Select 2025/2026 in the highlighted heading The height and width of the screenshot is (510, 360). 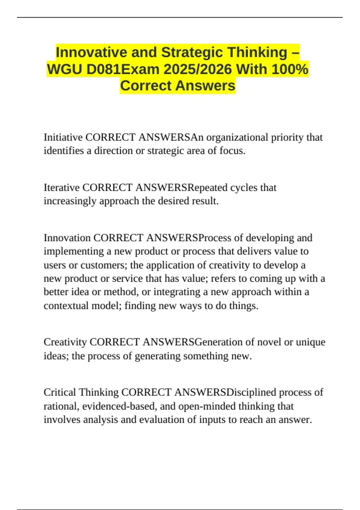click(x=198, y=69)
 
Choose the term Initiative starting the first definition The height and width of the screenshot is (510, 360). click(x=63, y=137)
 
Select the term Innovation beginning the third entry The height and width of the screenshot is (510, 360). click(x=67, y=238)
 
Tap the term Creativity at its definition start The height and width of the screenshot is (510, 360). click(x=65, y=342)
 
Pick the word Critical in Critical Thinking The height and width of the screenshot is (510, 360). click(x=60, y=392)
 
